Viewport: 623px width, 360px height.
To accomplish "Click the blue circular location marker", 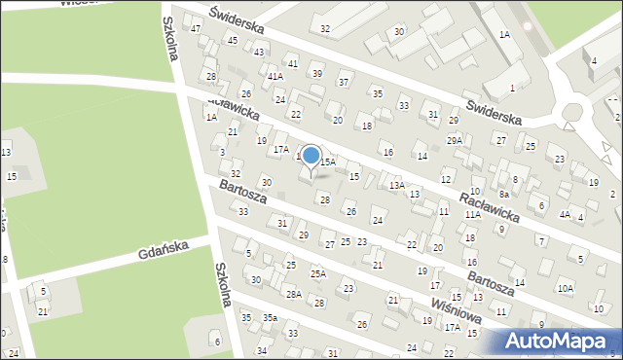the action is coord(311,155).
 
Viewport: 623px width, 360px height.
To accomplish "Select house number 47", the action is coord(196,28).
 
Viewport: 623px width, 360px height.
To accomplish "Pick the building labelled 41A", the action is coord(275,76).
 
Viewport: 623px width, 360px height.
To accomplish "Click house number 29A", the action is coord(455,141).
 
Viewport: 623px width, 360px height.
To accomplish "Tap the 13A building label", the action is coord(397,185).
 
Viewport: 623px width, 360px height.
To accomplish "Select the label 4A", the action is coord(565,214).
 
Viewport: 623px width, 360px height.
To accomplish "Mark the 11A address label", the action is coord(472,214).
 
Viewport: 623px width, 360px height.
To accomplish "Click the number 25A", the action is coord(318,274).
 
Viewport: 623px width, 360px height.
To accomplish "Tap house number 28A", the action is coord(293,294).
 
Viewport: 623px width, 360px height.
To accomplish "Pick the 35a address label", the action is coord(269,318).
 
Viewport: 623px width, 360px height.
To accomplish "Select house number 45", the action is coord(232,40).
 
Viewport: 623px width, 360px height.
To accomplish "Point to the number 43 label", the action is coord(259,52).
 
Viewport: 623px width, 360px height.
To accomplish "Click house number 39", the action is coord(317,74).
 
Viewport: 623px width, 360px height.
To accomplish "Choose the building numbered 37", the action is coord(343,82).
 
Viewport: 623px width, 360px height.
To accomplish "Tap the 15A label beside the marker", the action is coord(329,162).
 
